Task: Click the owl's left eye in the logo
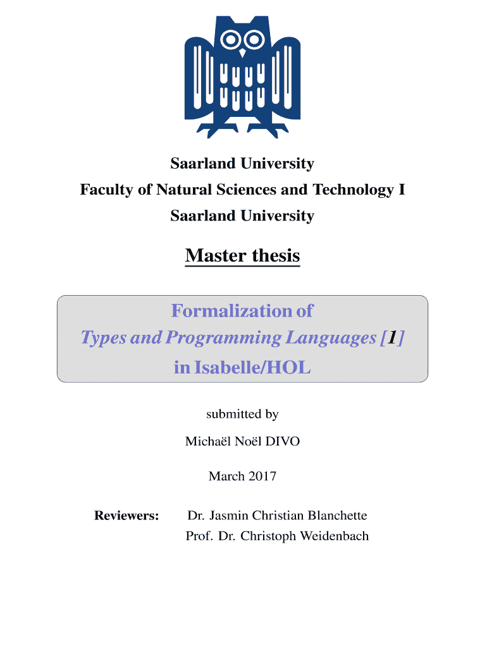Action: pos(230,40)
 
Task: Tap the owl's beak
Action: pos(243,53)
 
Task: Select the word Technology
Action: pos(353,190)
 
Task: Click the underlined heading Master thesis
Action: pos(242,255)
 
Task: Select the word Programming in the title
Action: pos(223,338)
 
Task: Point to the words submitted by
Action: pos(242,414)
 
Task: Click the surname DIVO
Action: pos(283,441)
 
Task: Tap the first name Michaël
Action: pos(208,440)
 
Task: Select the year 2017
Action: pos(262,476)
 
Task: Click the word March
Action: pos(227,476)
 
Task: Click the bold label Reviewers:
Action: pos(126,516)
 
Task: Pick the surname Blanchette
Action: pos(338,516)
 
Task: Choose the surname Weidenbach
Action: pos(334,536)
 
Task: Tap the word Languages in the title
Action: pos(331,338)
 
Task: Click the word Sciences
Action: pos(247,190)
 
